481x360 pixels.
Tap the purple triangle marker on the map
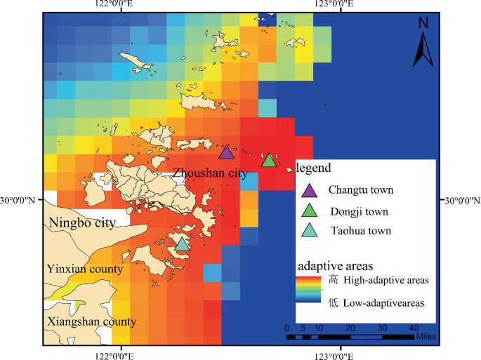[x=226, y=153]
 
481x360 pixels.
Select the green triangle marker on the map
[x=268, y=161]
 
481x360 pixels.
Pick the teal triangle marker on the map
[x=182, y=244]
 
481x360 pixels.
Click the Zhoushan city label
[x=210, y=173]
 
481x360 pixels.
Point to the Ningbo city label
[x=81, y=223]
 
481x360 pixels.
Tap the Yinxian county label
[x=85, y=269]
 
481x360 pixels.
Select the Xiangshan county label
[x=91, y=322]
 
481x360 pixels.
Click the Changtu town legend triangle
[x=309, y=189]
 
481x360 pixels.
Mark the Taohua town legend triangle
[x=309, y=230]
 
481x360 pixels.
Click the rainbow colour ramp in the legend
[x=310, y=288]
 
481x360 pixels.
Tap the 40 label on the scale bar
[x=414, y=328]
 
